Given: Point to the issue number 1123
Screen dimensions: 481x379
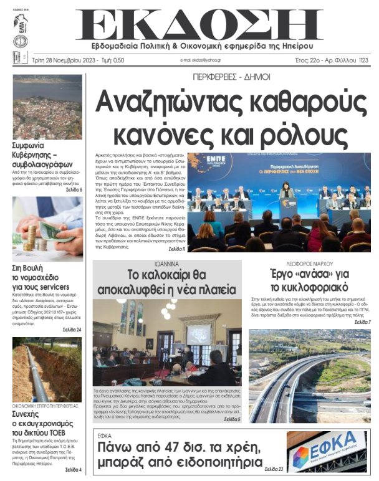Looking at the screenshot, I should [363, 60].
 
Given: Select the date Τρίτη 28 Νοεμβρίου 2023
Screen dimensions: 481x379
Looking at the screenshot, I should [50, 60].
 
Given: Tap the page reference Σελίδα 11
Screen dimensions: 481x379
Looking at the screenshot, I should [173, 249].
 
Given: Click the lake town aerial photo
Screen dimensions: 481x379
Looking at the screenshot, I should [47, 107].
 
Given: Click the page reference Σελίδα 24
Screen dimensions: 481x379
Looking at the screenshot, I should [71, 329].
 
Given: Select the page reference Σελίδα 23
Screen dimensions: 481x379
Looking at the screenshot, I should [273, 469].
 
